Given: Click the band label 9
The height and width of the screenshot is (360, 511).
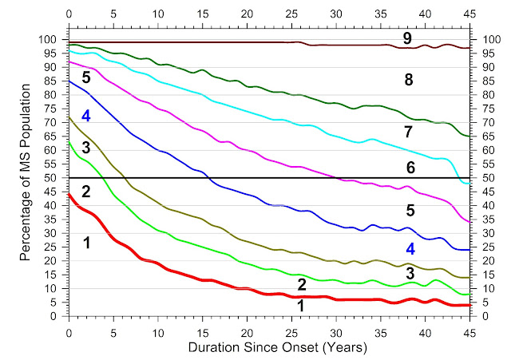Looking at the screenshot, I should click(407, 38).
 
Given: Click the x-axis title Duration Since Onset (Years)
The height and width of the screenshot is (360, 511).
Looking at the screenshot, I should click(268, 348).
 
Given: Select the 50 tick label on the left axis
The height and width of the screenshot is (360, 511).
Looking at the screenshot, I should click(53, 178).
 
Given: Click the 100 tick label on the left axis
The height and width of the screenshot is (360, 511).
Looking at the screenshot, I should click(50, 40).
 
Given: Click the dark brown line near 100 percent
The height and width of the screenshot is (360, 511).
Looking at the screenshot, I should click(200, 42).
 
